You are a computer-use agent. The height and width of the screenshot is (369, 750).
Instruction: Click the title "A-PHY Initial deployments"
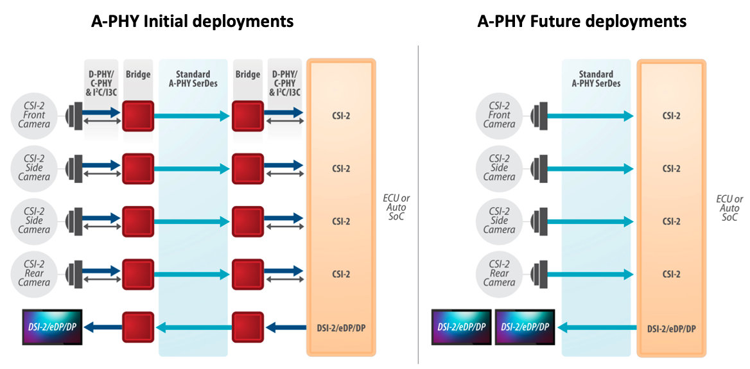(191, 21)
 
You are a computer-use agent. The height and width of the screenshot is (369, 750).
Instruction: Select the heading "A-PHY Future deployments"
(582, 21)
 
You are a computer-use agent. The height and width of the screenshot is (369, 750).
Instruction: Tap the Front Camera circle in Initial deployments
(33, 116)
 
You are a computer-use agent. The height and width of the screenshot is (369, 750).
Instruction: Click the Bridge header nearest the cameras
(138, 74)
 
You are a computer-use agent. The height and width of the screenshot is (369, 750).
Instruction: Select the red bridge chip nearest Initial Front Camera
(138, 116)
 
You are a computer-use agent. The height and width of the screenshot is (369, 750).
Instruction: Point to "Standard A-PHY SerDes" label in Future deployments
(596, 78)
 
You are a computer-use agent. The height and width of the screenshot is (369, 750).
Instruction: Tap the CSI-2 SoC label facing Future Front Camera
(671, 116)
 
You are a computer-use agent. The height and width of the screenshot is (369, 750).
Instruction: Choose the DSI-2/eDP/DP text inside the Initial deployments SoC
(340, 328)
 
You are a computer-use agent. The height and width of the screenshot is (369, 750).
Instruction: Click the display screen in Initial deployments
(53, 327)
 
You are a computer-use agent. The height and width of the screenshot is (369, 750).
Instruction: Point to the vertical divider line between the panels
(419, 205)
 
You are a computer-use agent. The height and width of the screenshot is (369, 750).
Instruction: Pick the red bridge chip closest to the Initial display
(138, 327)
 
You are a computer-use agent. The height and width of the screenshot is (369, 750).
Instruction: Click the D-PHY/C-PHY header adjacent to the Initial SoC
(284, 83)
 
